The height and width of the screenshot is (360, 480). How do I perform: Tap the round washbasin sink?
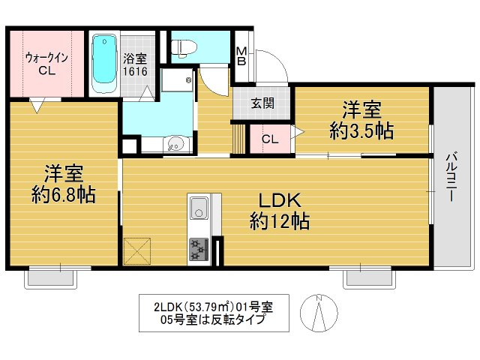tap(175, 142)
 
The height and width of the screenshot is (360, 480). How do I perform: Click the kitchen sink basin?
tap(199, 208)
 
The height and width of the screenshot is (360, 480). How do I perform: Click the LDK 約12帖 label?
tap(280, 211)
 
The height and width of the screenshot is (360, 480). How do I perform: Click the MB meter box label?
tap(241, 56)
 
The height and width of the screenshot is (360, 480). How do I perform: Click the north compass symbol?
tap(319, 311)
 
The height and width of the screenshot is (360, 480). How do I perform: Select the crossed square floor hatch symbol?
tap(136, 249)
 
